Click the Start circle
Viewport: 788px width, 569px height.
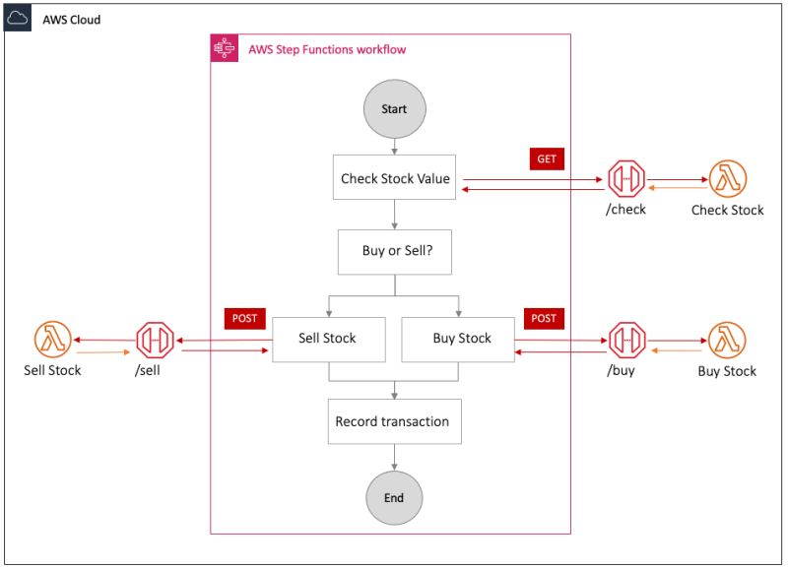394,108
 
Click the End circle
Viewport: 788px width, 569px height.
394,497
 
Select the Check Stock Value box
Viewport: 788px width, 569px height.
395,178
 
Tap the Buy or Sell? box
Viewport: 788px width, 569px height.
394,251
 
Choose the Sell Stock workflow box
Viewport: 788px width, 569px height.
327,338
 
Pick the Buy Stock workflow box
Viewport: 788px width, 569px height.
461,338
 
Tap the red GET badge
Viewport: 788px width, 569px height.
547,158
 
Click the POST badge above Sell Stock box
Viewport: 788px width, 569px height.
244,318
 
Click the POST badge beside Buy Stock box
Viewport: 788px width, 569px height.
544,318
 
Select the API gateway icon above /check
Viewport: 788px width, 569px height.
626,179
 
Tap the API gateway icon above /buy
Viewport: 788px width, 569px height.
626,340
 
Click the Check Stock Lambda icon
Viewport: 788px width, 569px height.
728,179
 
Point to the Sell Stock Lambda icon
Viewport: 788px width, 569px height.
52,340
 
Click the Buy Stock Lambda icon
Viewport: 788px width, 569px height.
727,340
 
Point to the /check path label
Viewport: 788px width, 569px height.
626,210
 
